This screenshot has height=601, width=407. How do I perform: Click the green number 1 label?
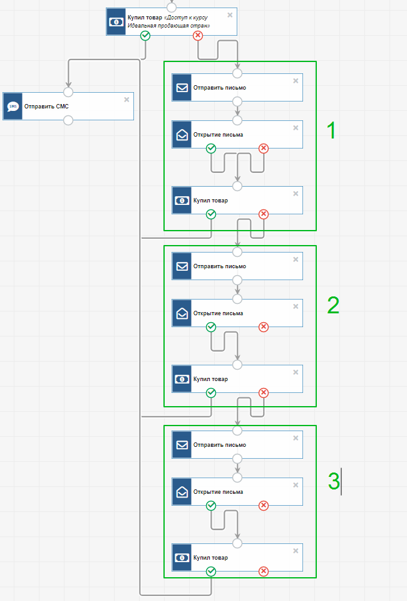tap(331, 130)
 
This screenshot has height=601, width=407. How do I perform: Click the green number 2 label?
tap(333, 305)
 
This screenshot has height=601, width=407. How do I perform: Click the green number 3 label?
tap(334, 481)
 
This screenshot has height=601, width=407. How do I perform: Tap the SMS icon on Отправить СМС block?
tap(13, 107)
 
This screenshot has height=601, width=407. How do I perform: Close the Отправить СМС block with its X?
tap(126, 99)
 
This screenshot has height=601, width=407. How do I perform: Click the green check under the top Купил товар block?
tap(145, 36)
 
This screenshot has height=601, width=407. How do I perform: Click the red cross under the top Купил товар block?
tap(198, 36)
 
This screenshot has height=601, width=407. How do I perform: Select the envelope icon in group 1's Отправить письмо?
tap(182, 88)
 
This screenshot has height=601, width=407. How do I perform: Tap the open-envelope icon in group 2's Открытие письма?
tap(182, 313)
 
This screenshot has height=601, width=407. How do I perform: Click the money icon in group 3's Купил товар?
tap(182, 557)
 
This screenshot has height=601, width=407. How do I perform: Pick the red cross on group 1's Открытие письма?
tap(264, 149)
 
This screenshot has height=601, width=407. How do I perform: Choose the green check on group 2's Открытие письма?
tap(211, 327)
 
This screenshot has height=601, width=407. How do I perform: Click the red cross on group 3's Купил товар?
tap(264, 572)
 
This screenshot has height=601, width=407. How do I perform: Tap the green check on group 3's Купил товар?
tap(211, 572)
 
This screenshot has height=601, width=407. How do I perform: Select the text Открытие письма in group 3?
tap(218, 492)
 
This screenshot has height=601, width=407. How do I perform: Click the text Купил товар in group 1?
tap(210, 201)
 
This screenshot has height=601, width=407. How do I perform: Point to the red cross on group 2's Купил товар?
tap(264, 393)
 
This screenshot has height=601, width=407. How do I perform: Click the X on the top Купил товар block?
tap(230, 15)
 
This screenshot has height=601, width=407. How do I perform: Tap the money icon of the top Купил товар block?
tap(116, 22)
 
